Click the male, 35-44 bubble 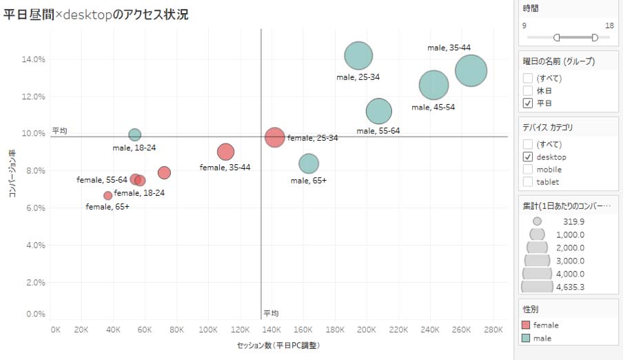click(x=471, y=70)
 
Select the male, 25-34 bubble click(x=358, y=56)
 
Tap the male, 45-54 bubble click(x=433, y=86)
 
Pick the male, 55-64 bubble click(x=378, y=110)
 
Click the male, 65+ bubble click(x=309, y=163)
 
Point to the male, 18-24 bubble click(x=134, y=134)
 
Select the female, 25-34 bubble click(x=274, y=137)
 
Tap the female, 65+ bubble click(x=108, y=195)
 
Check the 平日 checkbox click(x=528, y=103)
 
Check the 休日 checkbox click(x=528, y=90)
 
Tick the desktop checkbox click(x=528, y=157)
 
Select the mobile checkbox click(x=528, y=169)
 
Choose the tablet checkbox click(x=528, y=181)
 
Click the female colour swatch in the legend click(x=527, y=325)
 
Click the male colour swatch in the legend click(x=527, y=338)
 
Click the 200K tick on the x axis click(x=367, y=330)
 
